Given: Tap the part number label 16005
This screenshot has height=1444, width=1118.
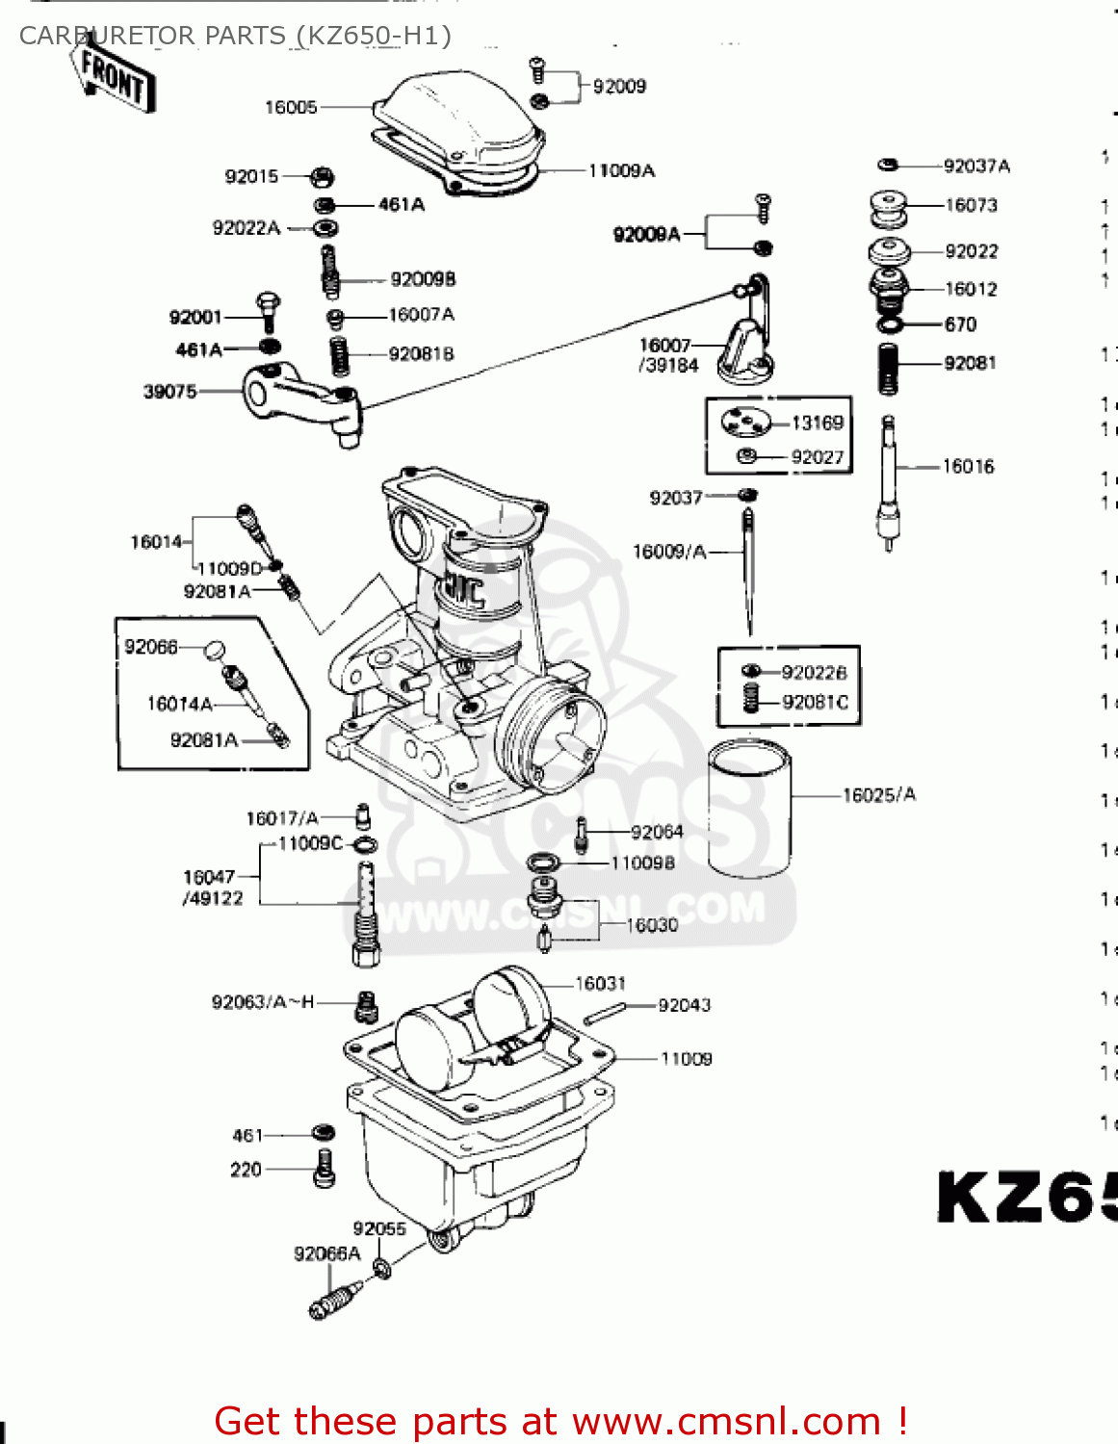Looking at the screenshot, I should point(291,107).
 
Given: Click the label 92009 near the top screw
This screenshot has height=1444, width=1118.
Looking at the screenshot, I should point(619,87).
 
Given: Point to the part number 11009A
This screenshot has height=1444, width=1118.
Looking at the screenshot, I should point(621,171).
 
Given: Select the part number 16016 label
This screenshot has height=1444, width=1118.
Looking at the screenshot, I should point(968,467).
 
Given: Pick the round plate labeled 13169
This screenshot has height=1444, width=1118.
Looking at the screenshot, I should point(747,423).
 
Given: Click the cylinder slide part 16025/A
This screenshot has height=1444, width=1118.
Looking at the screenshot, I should point(749,809).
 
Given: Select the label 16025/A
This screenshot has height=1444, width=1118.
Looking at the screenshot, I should point(879,795).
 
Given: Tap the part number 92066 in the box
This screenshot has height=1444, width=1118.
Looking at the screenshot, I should point(151,647).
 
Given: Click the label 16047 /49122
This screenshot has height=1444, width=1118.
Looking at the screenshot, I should point(213,888).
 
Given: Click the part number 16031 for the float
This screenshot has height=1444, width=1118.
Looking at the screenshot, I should point(600,984).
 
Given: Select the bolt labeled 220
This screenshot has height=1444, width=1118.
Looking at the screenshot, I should point(325,1168).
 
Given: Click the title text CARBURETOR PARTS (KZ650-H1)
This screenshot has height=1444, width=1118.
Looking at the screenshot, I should point(235,36).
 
